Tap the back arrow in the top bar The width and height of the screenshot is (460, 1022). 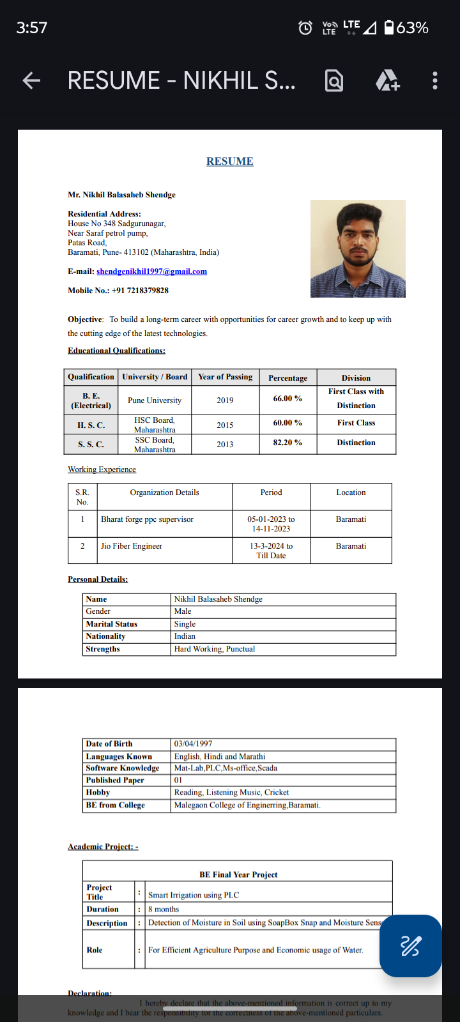click(31, 80)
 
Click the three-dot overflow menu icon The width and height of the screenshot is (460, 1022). click(435, 80)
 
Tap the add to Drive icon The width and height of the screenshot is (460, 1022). click(387, 80)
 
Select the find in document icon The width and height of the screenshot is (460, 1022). click(334, 81)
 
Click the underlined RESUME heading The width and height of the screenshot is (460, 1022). click(230, 162)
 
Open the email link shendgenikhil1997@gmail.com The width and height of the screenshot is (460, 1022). click(151, 271)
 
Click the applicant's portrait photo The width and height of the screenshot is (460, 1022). click(358, 248)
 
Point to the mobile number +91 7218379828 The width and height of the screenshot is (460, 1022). click(140, 291)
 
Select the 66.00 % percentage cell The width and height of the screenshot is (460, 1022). click(287, 399)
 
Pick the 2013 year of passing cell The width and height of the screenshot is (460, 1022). click(225, 445)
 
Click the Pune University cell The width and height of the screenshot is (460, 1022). click(155, 400)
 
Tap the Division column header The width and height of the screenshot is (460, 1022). click(356, 378)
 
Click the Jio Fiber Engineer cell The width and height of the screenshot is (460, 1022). click(132, 546)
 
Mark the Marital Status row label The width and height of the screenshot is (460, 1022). click(112, 624)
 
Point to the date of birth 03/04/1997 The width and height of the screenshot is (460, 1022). click(194, 744)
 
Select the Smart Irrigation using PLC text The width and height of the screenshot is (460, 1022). click(194, 896)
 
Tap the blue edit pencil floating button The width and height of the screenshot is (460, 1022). click(410, 946)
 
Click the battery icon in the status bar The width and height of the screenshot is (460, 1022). click(389, 27)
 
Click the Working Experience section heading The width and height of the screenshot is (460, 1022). click(102, 469)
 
